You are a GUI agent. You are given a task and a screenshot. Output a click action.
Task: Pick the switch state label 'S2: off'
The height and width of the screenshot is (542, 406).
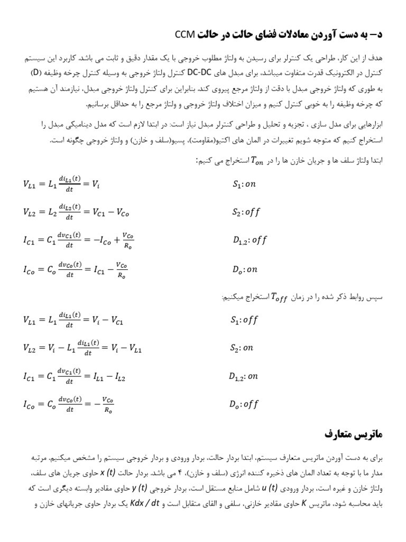coord(246,212)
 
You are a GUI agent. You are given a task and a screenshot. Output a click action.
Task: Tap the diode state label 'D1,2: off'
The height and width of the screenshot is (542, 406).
coord(250,240)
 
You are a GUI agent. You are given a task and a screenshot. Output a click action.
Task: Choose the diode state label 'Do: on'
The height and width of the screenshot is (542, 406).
coord(245,269)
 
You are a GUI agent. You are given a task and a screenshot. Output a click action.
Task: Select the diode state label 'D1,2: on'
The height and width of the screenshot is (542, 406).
coord(243,376)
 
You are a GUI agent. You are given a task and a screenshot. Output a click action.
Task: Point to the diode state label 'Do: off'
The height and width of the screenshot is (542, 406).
coord(245,405)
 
